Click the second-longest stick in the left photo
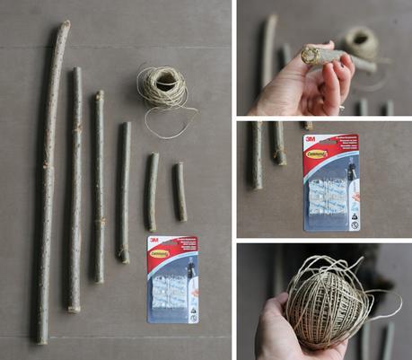(75, 189)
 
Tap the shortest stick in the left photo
(180, 191)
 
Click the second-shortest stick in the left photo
(153, 190)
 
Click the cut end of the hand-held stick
(311, 56)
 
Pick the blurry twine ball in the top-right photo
(361, 41)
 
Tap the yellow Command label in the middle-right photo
(318, 154)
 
